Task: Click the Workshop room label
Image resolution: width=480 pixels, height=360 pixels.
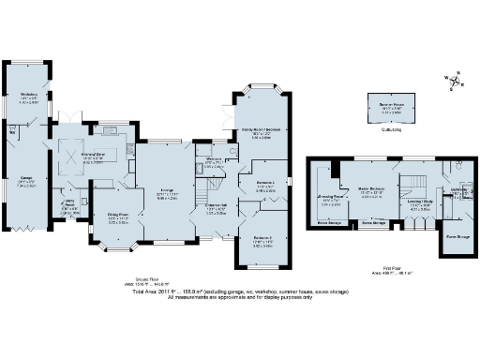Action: pos(28,94)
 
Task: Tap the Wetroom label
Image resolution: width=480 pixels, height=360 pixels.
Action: pos(213,160)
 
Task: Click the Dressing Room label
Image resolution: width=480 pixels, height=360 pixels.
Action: pos(330,200)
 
